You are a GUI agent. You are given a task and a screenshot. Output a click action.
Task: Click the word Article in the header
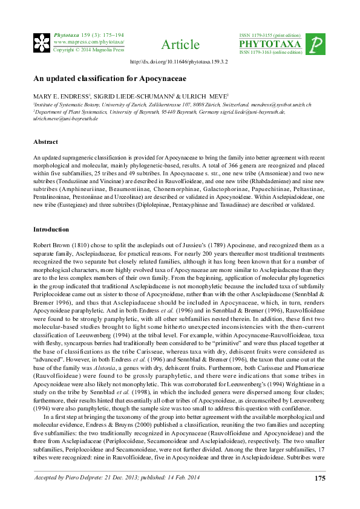click(180, 45)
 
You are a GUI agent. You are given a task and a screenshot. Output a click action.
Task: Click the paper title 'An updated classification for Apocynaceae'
click(101, 79)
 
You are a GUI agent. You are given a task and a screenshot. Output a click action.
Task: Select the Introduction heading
click(51, 230)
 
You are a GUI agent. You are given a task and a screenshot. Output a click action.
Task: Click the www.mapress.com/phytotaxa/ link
click(88, 42)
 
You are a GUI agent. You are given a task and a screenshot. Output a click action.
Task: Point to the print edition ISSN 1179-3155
click(270, 36)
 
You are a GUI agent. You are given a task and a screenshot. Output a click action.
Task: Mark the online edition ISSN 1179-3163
click(270, 53)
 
